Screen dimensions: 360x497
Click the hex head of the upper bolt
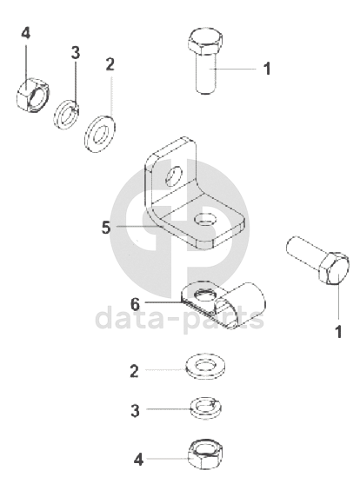(205, 41)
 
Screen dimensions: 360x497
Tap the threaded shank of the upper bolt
(206, 74)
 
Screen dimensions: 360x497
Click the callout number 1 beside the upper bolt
(267, 69)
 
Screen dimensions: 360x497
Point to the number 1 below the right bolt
(338, 332)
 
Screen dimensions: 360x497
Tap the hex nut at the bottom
(205, 454)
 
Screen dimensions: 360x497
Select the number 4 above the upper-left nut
(26, 33)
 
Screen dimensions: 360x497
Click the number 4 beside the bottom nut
(138, 459)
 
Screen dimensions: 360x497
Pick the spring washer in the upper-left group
(66, 115)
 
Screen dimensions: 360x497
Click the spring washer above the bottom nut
(206, 408)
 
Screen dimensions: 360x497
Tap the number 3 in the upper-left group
(76, 53)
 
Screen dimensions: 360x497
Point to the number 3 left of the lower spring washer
(136, 410)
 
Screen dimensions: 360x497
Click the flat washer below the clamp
(206, 367)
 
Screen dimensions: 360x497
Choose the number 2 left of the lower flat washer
(135, 371)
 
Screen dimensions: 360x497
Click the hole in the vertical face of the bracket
(174, 176)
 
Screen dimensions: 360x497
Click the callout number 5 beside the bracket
(106, 228)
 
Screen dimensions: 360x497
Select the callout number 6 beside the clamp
(135, 304)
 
